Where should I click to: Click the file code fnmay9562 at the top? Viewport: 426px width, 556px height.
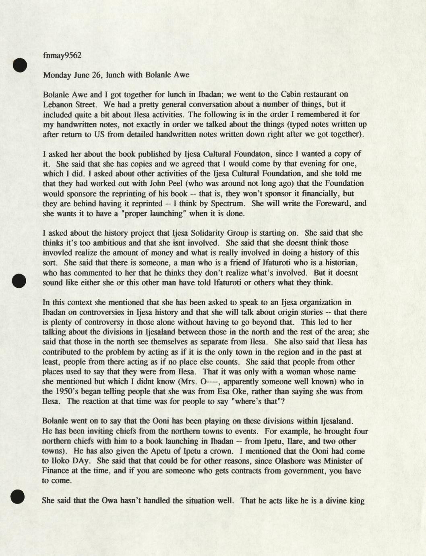click(62, 55)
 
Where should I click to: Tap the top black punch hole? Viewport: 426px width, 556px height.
click(19, 65)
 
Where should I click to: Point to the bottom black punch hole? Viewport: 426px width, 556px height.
click(18, 497)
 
